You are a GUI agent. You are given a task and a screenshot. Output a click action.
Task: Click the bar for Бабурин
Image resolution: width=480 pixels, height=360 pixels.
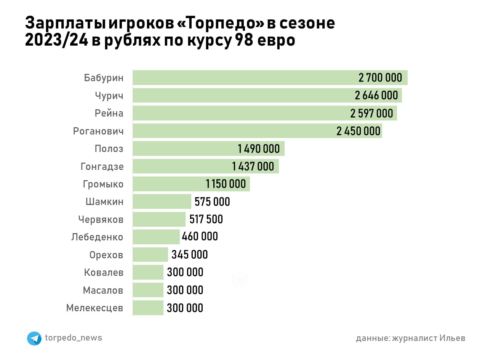click(x=244, y=78)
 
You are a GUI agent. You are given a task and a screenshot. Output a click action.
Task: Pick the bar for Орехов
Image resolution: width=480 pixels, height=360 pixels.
click(x=150, y=254)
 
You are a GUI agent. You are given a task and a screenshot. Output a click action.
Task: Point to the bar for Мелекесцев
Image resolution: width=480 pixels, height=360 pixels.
click(x=148, y=308)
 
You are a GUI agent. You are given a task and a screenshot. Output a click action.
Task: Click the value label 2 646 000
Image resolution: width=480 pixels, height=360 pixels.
click(x=376, y=95)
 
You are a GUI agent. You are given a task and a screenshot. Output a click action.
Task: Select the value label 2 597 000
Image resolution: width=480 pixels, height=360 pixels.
click(x=371, y=113)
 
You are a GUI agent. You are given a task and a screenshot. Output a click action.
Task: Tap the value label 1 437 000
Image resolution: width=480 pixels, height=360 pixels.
click(x=253, y=166)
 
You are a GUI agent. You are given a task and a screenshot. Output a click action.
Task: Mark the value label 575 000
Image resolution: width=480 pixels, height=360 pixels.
click(x=212, y=202)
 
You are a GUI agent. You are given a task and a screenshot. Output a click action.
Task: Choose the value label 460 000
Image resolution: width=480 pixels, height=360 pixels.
click(x=200, y=237)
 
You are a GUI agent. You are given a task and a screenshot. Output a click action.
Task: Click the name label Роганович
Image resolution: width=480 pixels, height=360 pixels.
click(x=98, y=131)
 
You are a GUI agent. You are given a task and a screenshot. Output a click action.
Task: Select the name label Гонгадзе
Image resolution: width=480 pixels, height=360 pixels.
click(x=102, y=166)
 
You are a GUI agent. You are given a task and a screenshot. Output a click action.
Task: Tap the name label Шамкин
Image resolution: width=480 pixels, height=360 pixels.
click(x=104, y=202)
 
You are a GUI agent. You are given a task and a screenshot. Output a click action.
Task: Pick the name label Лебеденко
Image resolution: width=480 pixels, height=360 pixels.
click(x=97, y=237)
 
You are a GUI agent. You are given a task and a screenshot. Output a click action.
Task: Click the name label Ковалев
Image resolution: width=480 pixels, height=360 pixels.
click(x=104, y=272)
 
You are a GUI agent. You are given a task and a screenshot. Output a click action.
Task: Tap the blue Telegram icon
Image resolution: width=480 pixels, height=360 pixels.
click(x=34, y=338)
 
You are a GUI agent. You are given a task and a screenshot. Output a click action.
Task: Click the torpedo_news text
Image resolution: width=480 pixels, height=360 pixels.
click(x=74, y=338)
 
